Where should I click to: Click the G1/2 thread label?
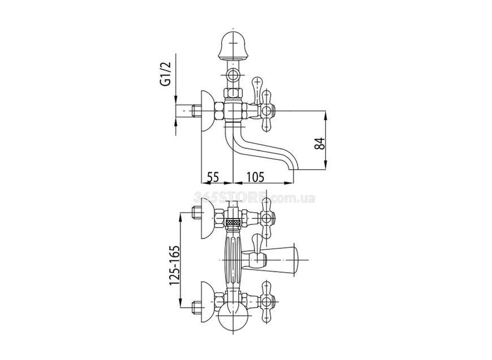point(167,74)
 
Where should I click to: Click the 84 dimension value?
point(320,143)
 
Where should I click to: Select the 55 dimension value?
point(213,177)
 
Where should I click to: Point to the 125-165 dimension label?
point(175,266)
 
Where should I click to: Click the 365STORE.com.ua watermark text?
point(254,198)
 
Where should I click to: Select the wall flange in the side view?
point(208,113)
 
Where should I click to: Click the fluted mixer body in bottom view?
point(232,260)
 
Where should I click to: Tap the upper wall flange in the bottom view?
point(208,217)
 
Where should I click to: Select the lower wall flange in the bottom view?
point(208,303)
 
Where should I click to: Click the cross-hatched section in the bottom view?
point(233,222)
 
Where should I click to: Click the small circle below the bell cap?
point(233,75)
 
